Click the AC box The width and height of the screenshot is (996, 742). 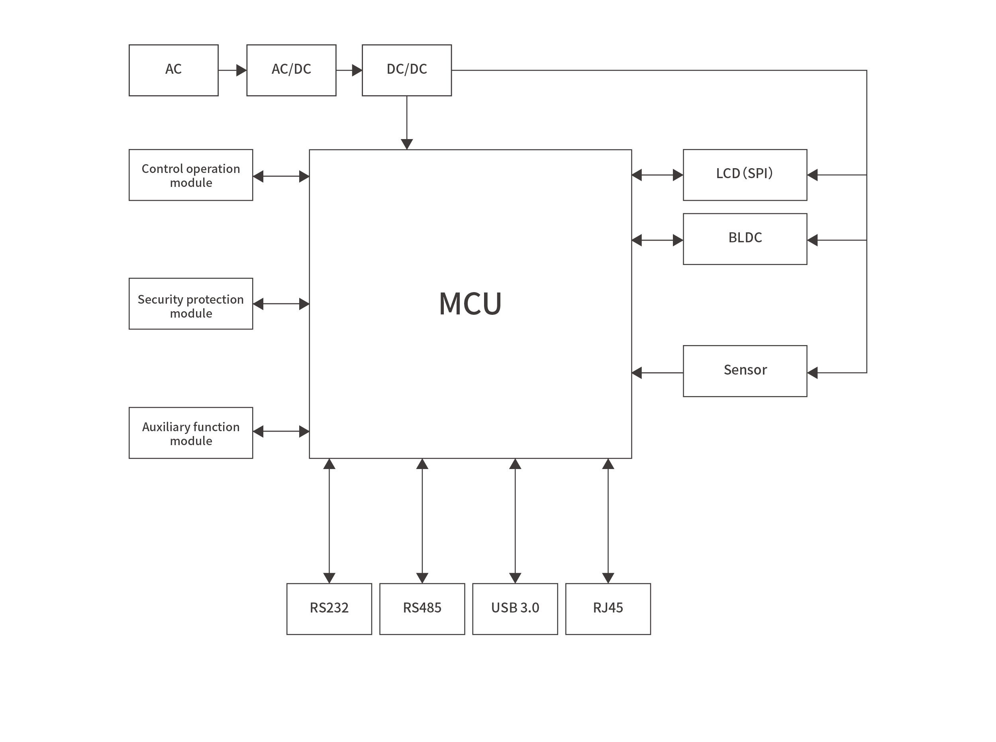tap(173, 70)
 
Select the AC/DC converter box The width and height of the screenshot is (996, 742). tap(291, 70)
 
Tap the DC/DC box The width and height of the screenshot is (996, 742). tap(406, 70)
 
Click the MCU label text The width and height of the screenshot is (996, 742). tap(470, 304)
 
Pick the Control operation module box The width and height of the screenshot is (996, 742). tap(190, 175)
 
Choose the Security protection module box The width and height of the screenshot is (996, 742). tap(190, 304)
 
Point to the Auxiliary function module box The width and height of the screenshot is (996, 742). tap(190, 433)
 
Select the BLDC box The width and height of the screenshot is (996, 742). tap(745, 239)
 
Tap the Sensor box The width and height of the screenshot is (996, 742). tap(745, 371)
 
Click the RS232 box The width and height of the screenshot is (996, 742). tap(329, 609)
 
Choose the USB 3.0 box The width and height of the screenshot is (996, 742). tap(515, 609)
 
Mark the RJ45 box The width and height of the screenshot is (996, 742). tap(608, 609)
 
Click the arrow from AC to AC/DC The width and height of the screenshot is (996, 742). tap(232, 70)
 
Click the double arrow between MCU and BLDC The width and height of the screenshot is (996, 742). tap(657, 240)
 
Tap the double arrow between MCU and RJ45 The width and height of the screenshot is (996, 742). tap(608, 521)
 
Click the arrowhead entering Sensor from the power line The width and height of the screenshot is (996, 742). tap(813, 372)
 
